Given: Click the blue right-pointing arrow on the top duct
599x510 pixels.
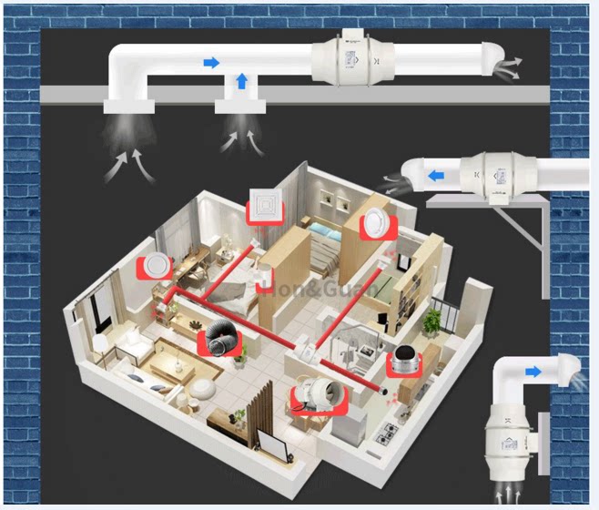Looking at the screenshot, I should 211,63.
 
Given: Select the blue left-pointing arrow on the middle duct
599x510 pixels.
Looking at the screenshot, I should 438,172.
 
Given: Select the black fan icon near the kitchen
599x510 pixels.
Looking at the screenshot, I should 405,362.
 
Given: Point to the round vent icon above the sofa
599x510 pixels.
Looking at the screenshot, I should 156,265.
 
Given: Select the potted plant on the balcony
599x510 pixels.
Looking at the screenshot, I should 431,320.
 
